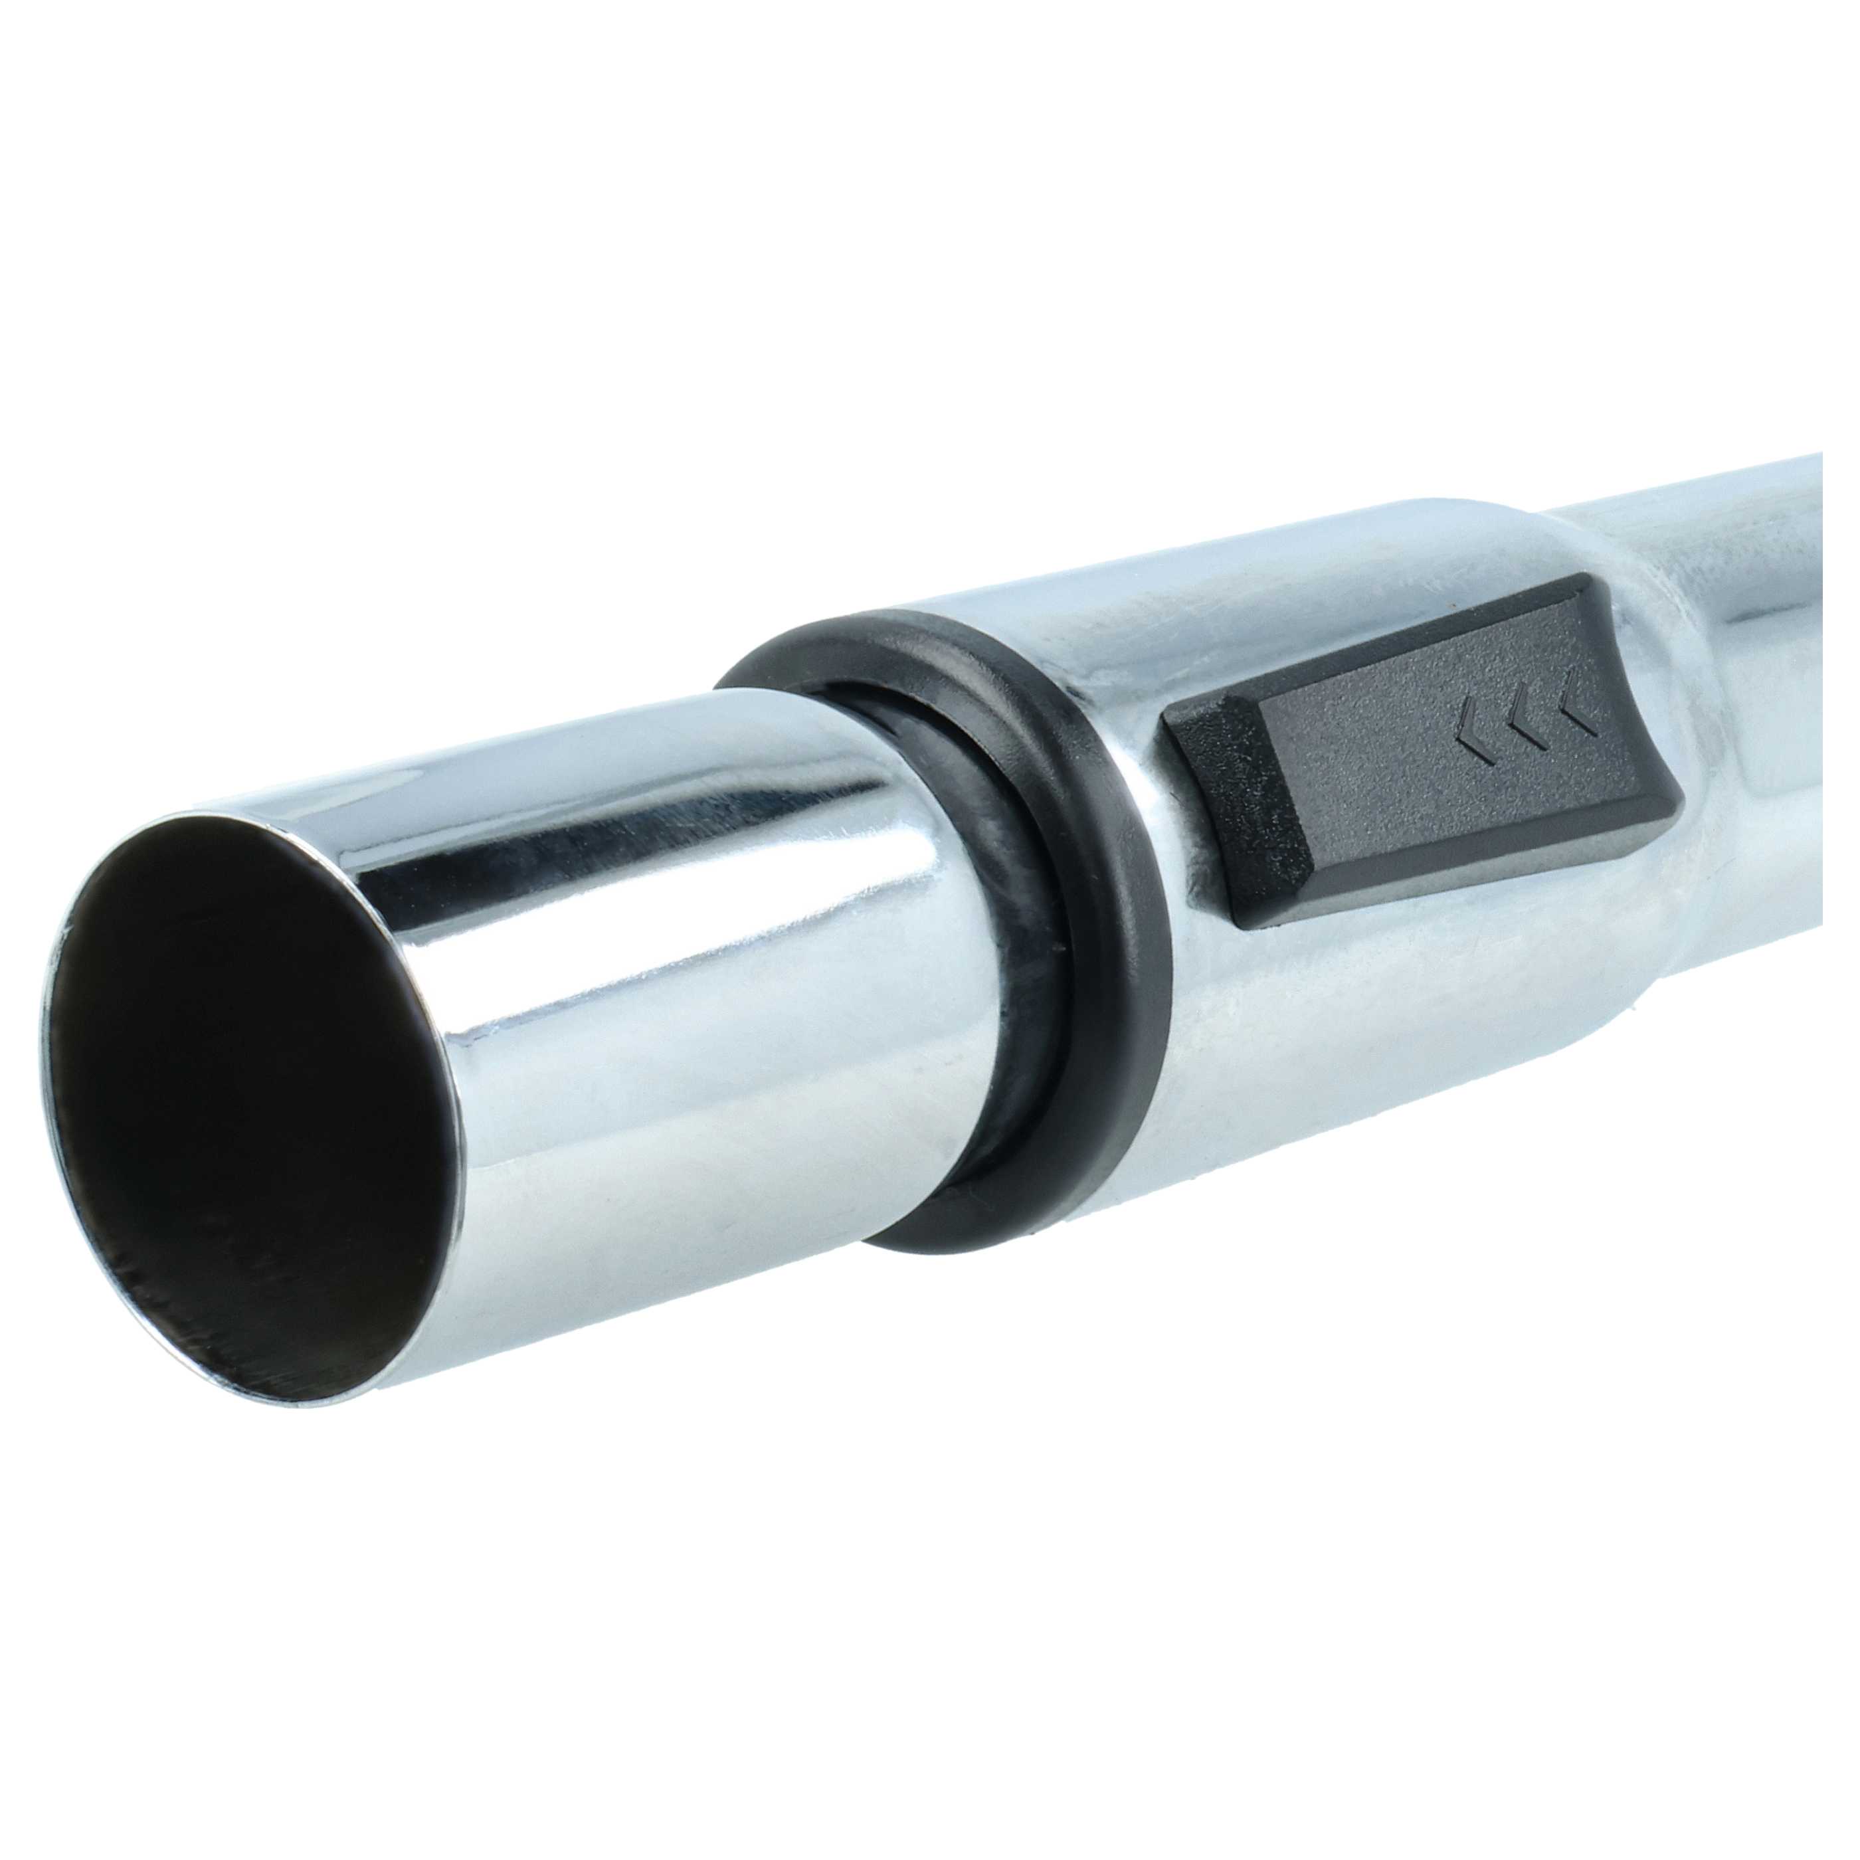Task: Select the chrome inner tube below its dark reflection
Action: tap(674, 1059)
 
